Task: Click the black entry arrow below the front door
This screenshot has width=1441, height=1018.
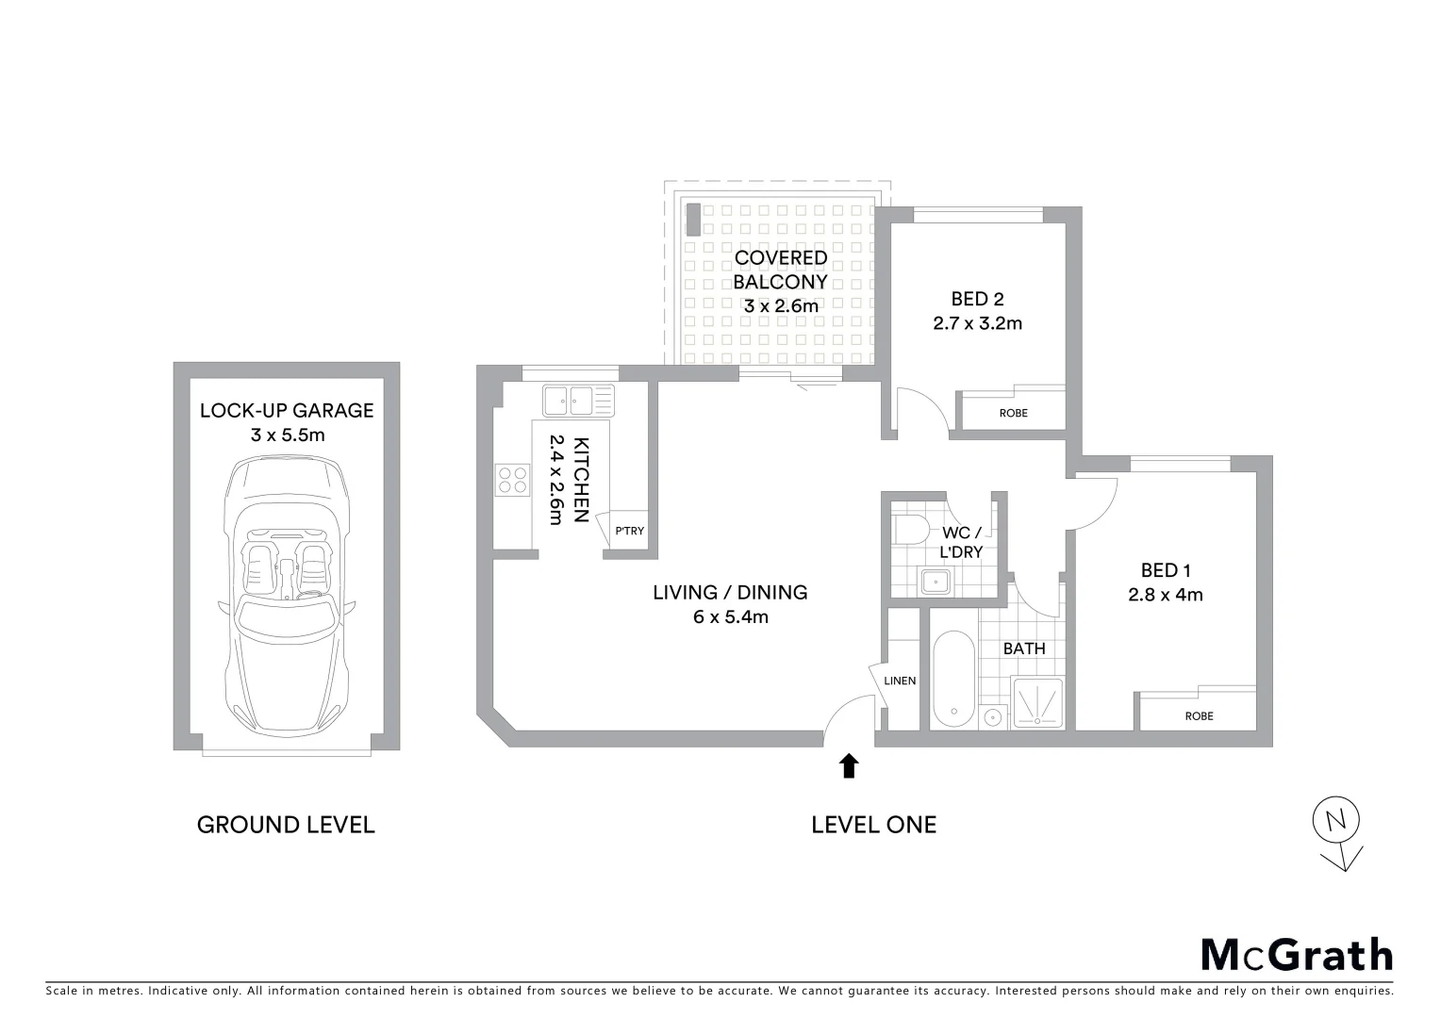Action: point(849,765)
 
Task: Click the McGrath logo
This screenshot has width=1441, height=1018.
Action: point(1296,955)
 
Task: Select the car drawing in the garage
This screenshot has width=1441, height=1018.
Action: point(286,596)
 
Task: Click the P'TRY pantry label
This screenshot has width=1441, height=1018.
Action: point(629,531)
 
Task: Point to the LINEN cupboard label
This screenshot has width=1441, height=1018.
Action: point(900,681)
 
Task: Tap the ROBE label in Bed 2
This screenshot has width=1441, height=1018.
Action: point(1013,413)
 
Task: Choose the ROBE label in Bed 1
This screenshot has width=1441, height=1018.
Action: point(1199,715)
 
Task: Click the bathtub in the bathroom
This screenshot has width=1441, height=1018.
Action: point(952,679)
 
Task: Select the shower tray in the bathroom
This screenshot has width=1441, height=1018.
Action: point(1037,702)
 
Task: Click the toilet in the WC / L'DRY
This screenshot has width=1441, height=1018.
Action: point(909,530)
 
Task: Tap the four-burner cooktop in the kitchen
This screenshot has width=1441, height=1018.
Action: point(513,481)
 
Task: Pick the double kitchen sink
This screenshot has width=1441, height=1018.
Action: point(577,400)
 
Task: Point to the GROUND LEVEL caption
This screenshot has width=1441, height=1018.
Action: point(286,825)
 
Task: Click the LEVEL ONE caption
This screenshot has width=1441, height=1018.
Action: point(873,825)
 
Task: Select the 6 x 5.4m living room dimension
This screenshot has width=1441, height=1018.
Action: point(730,617)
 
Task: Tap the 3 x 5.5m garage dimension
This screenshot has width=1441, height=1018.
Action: point(287,435)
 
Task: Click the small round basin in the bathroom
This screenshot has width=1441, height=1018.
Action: point(991,717)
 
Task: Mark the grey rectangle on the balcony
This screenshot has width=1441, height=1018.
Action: point(693,220)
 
